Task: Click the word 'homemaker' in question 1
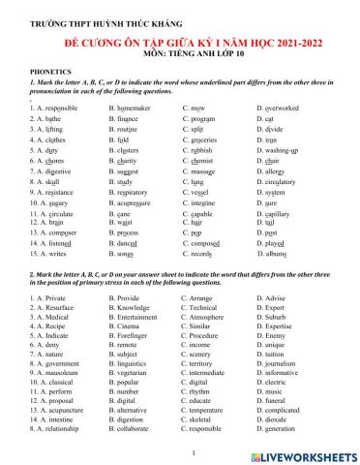(135, 109)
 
